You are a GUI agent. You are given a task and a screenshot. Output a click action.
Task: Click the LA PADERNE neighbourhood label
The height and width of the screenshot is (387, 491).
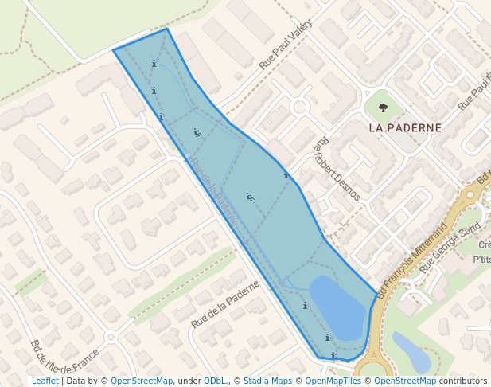click(x=405, y=127)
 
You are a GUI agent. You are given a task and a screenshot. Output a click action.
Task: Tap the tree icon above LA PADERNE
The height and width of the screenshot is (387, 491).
click(x=383, y=107)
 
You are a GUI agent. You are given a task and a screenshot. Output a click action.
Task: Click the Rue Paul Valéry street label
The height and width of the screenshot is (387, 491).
click(x=286, y=45)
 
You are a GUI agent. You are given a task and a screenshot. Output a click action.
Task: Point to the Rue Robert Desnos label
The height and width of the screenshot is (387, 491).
click(x=337, y=168)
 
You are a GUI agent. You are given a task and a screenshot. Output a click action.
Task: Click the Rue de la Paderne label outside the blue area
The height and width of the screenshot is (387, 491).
click(x=225, y=304)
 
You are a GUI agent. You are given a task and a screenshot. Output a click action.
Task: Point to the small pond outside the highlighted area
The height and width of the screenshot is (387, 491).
click(x=411, y=353)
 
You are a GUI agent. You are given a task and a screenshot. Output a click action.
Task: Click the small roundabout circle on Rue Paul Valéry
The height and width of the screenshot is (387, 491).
click(x=300, y=107)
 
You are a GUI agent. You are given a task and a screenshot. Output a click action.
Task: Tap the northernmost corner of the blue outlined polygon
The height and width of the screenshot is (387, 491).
click(x=167, y=29)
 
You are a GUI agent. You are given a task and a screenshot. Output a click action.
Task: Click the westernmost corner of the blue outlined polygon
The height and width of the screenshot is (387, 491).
click(x=114, y=50)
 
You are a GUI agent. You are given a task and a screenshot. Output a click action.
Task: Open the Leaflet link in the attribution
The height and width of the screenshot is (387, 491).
click(x=45, y=381)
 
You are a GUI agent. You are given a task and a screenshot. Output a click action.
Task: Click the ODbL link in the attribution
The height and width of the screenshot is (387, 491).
click(x=215, y=381)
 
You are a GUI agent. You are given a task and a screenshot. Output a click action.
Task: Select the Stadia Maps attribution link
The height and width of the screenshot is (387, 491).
click(x=267, y=381)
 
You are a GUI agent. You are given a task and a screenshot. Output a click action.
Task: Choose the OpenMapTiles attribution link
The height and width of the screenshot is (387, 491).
click(x=333, y=381)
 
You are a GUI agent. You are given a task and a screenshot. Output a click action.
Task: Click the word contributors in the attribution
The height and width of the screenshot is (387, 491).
click(x=463, y=381)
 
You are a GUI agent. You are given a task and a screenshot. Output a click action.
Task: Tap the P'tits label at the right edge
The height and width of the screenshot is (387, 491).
click(x=481, y=260)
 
